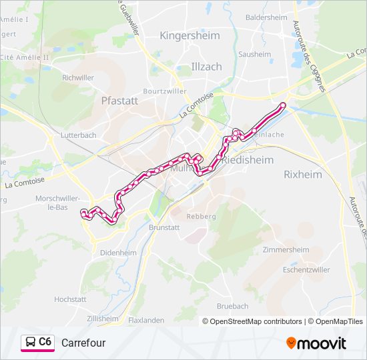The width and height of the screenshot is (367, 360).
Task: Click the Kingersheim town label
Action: pos(190,35)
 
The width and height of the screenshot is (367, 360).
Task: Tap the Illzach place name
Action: pos(206,66)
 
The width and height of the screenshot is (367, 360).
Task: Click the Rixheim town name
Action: pos(302,174)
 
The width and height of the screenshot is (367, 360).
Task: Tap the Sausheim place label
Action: pos(254,54)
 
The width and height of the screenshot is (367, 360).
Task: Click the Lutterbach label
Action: pos(79,135)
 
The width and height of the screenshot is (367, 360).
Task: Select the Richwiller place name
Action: pos(78,77)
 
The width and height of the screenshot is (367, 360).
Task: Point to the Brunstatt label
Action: pos(165,227)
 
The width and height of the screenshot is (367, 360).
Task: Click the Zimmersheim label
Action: pos(286,249)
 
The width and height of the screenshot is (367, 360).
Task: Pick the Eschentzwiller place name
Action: pos(306,270)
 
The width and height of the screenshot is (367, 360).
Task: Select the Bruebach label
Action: pos(232,306)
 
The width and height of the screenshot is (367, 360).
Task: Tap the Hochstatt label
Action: pos(71,299)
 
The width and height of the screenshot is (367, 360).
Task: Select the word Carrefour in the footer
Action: pos(83,343)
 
